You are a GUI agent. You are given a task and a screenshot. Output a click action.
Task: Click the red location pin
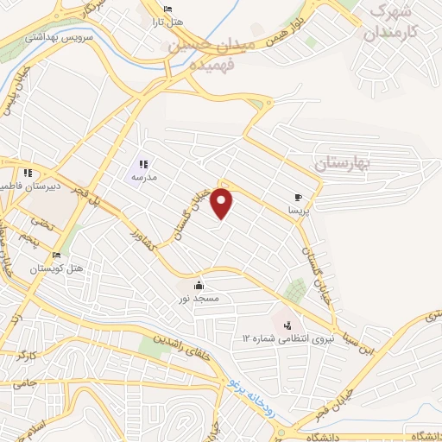(223, 203)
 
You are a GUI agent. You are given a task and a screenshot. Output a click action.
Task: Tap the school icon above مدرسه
(143, 163)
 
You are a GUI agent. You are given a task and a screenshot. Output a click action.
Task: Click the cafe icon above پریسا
(298, 198)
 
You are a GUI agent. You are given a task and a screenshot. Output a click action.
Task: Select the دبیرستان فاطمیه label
(57, 186)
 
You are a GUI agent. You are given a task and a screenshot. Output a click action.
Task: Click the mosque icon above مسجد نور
(199, 286)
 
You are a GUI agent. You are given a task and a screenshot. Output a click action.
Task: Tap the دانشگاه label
(418, 433)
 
